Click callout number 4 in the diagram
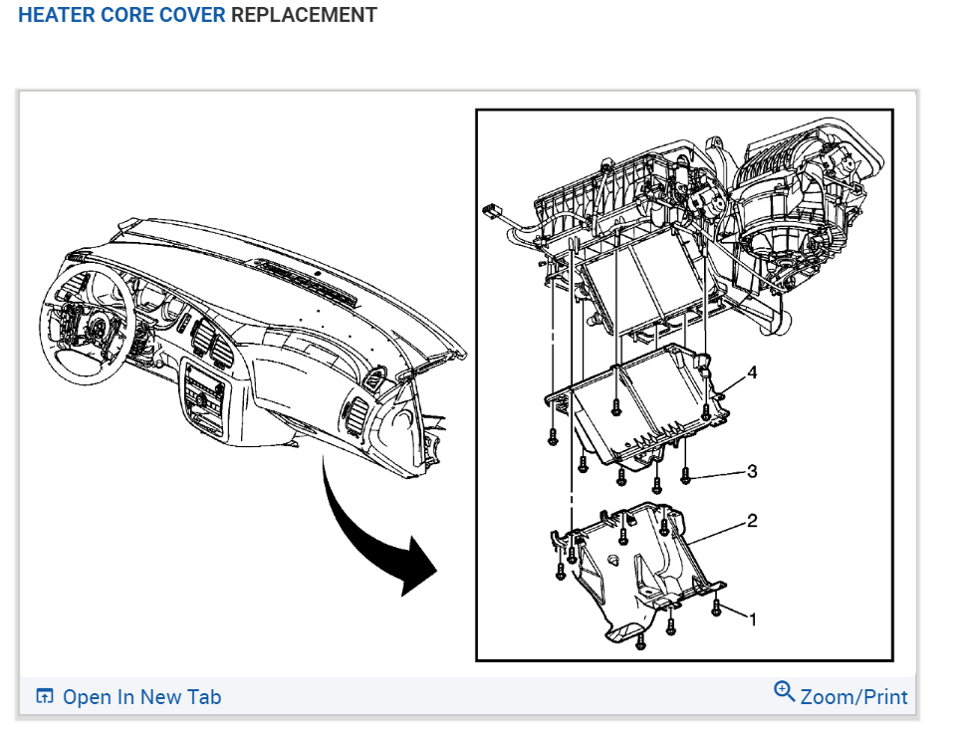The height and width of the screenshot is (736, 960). [x=752, y=372]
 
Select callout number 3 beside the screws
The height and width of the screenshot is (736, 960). [x=752, y=471]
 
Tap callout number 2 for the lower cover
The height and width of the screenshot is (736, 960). [x=752, y=521]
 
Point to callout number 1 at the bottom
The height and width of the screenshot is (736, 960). [x=752, y=619]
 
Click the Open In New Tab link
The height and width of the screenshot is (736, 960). [x=141, y=697]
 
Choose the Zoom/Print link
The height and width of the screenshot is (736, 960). [x=853, y=696]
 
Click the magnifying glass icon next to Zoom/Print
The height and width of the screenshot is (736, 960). [x=785, y=691]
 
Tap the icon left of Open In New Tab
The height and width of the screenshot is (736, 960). [x=44, y=696]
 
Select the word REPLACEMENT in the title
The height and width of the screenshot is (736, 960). [x=304, y=16]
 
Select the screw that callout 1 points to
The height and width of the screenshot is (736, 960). [x=717, y=606]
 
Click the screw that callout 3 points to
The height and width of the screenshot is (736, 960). [x=685, y=476]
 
